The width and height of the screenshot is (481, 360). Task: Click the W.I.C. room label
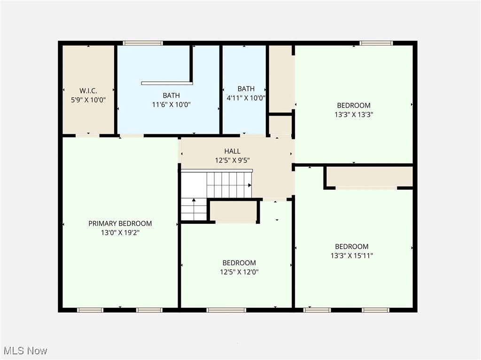tap(88, 91)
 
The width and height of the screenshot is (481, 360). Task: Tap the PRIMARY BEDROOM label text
tap(120, 223)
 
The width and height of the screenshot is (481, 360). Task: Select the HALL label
tap(232, 151)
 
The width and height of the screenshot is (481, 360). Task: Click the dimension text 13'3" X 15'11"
tap(351, 256)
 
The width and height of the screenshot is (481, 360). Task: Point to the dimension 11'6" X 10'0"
tap(171, 105)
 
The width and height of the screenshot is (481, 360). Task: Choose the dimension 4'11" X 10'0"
tap(246, 98)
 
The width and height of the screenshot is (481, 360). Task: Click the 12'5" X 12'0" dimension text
tap(239, 272)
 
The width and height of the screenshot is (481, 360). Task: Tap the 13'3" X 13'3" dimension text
tap(353, 114)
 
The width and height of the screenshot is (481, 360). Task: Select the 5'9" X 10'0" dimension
tap(88, 100)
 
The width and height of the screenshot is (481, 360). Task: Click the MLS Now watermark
tap(25, 351)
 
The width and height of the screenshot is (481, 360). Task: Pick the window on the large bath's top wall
tap(143, 43)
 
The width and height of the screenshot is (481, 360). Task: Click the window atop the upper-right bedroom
tap(376, 43)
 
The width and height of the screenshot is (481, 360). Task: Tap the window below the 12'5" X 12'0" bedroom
tap(226, 310)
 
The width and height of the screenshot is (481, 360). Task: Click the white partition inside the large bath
tap(167, 83)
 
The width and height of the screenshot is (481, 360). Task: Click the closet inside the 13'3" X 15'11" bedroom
tap(369, 176)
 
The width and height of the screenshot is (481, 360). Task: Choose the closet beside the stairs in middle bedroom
tap(233, 211)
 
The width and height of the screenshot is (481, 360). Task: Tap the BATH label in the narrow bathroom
tap(246, 89)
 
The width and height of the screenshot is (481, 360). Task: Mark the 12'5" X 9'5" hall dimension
tap(232, 161)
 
